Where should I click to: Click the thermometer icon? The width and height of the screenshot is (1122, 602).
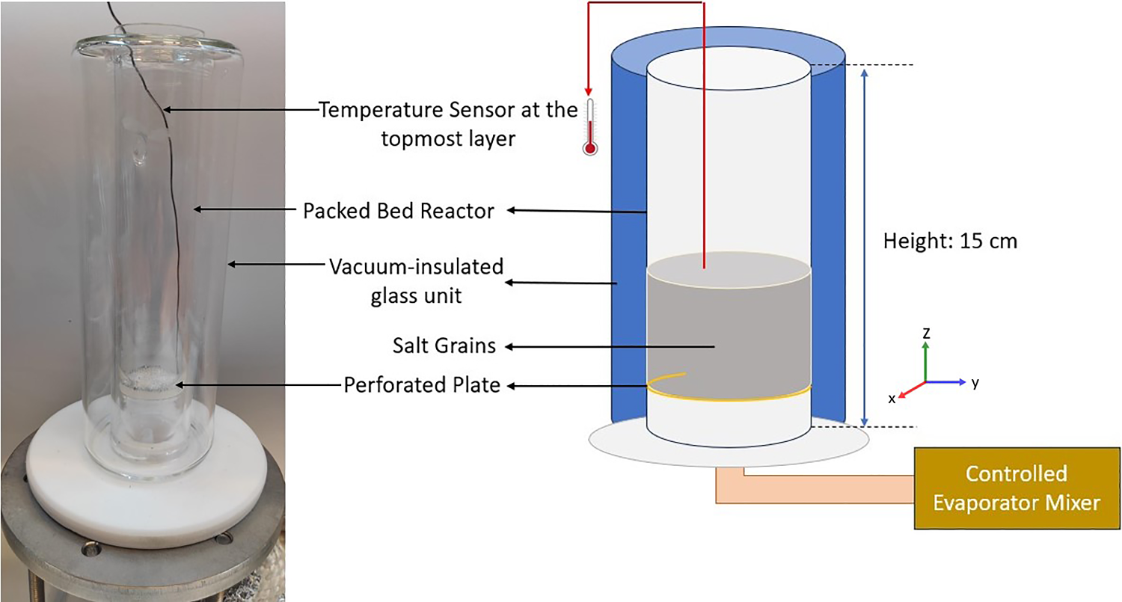591,127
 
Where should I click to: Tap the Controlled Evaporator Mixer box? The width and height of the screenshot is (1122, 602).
1017,488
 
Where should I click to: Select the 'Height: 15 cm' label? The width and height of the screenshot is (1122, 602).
950,242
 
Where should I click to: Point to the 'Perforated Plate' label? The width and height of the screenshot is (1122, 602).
422,386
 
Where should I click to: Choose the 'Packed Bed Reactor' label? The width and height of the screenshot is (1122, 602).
398,211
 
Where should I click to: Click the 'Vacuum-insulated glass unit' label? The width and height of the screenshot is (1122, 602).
417,281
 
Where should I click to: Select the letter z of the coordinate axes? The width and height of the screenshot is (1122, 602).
926,334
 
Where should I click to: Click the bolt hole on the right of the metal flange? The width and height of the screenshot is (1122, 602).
224,538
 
